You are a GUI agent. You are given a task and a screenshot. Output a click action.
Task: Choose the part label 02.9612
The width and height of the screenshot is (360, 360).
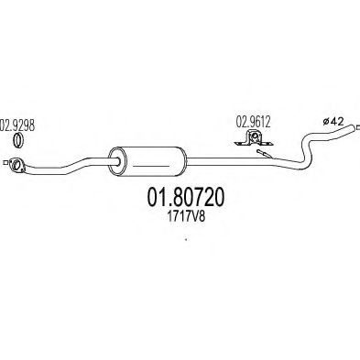pyautogui.click(x=254, y=118)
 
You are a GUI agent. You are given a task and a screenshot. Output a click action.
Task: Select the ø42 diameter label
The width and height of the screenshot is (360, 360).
pyautogui.click(x=334, y=120)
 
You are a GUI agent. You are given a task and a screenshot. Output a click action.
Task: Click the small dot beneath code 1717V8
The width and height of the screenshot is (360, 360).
pyautogui.click(x=186, y=242)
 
